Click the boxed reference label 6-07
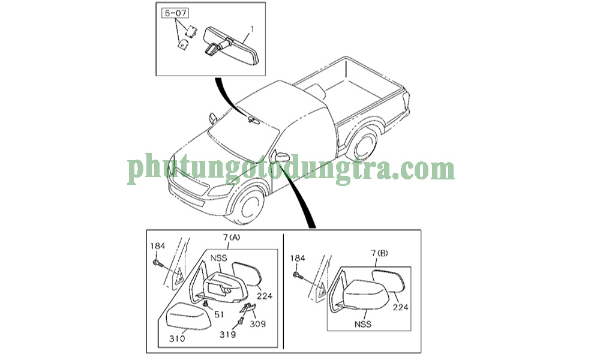tap(176, 13)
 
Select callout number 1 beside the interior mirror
tap(252, 29)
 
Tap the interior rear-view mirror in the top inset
tap(232, 46)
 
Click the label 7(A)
tap(232, 237)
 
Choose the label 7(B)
tap(379, 253)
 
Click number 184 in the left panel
tap(158, 246)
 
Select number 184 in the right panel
tap(298, 258)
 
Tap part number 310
tap(177, 338)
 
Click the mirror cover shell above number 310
tap(189, 316)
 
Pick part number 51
tap(219, 314)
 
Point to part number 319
tap(227, 334)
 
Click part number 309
tap(258, 324)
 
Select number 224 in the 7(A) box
tap(265, 296)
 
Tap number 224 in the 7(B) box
tap(401, 307)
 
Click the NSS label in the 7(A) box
tap(218, 258)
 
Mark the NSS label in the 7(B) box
tap(363, 324)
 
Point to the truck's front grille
tap(189, 184)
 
